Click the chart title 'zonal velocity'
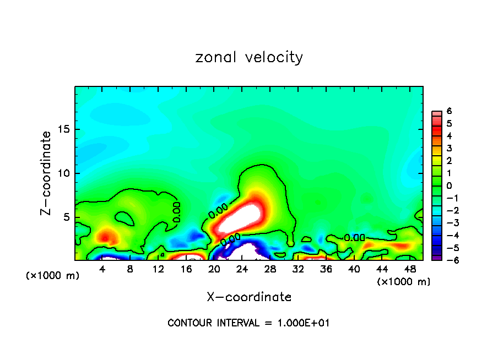tap(249, 57)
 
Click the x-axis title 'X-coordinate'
tap(249, 297)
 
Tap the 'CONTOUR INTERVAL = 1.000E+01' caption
tap(248, 323)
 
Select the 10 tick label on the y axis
tap(63, 173)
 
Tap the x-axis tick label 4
tap(102, 270)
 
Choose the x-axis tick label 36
tap(326, 270)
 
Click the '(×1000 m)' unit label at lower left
tap(53, 276)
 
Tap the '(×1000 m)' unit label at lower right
tap(403, 282)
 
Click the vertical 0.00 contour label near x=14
tap(176, 212)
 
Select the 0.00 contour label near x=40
tap(354, 238)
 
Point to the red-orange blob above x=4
tap(105, 237)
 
